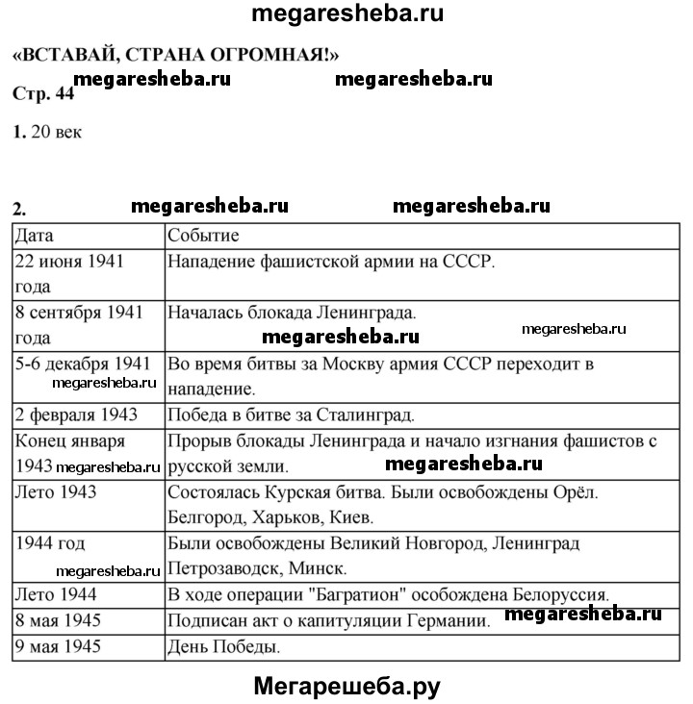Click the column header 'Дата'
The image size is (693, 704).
(x=35, y=236)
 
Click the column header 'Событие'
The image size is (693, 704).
(x=203, y=236)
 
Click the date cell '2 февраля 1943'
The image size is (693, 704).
(x=76, y=416)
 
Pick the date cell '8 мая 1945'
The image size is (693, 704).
(x=59, y=620)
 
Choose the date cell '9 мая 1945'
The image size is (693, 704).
(x=59, y=646)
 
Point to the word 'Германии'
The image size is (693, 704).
(x=451, y=620)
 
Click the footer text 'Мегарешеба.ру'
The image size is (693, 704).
(x=346, y=685)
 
